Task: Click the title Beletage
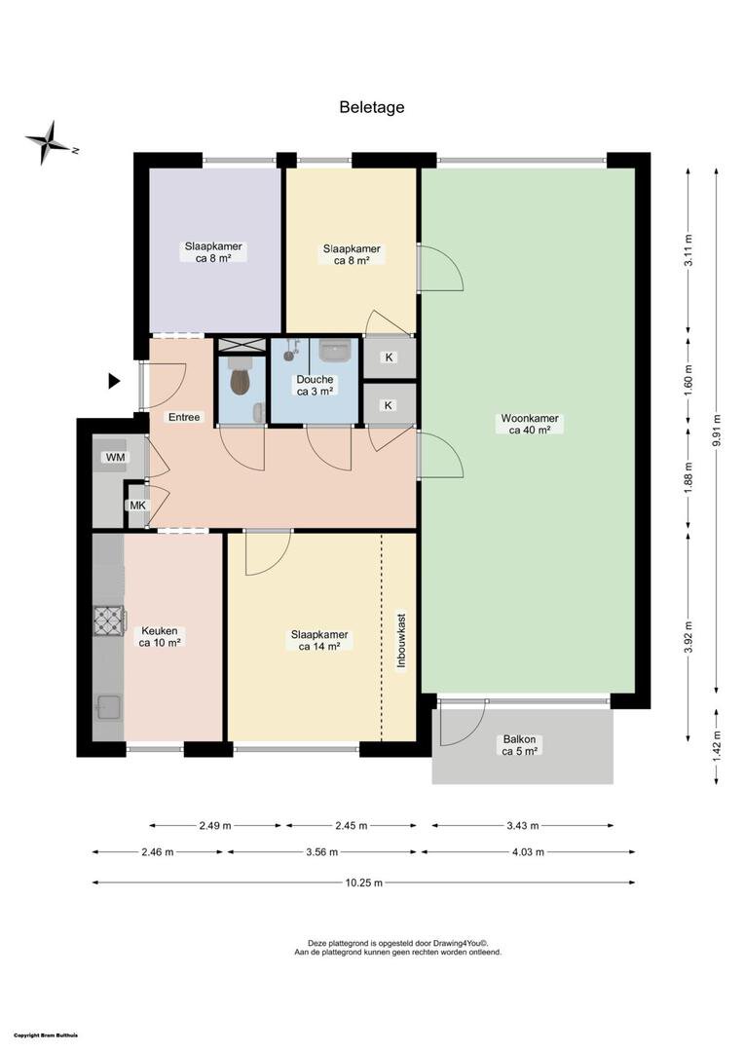372,107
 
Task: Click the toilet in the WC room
241,377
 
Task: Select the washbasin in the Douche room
335,350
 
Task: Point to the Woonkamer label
530,424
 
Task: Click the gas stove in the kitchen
109,620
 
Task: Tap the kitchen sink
108,707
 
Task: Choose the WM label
115,458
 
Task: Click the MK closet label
137,506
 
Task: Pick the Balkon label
520,745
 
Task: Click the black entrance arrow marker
114,381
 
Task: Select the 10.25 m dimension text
364,883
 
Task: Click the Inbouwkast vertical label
402,640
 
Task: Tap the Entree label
184,417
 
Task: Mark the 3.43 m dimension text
523,826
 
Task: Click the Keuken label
160,637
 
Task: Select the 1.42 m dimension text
717,746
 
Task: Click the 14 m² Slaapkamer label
319,641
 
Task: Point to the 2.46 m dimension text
158,852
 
